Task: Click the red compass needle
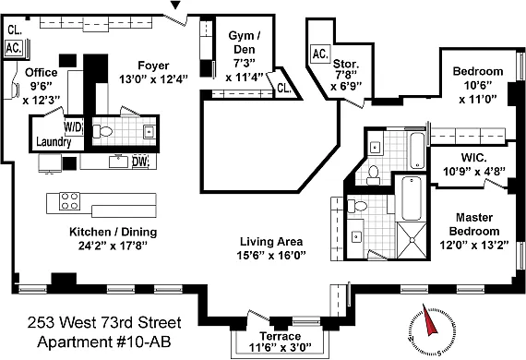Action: (429, 320)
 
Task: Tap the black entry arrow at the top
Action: (175, 5)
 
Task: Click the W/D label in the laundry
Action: (73, 127)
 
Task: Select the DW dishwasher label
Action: (140, 162)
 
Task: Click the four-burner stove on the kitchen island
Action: (69, 201)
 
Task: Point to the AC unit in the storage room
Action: (320, 54)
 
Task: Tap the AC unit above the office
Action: (14, 48)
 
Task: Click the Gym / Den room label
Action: (245, 42)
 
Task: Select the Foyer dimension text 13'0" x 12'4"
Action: (153, 79)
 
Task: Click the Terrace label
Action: (281, 336)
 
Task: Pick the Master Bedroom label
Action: (474, 224)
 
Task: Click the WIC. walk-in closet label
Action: (474, 157)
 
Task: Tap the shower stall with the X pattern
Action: (412, 240)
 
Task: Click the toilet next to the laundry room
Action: (102, 131)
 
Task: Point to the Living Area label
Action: (271, 241)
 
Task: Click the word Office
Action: (42, 72)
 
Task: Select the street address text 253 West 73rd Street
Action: (104, 323)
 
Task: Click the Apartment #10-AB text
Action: (104, 342)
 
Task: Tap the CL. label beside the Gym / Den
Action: (284, 88)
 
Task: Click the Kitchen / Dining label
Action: (114, 232)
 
